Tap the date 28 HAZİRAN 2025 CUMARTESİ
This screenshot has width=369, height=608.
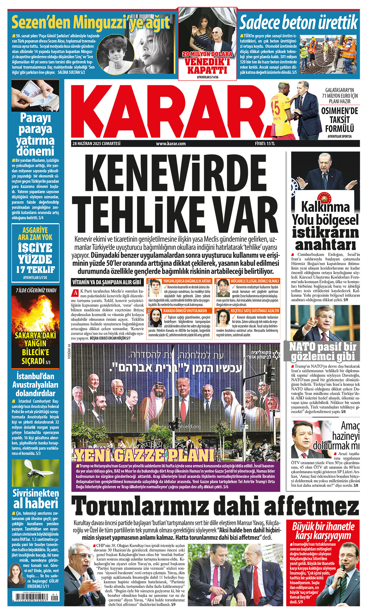(96, 143)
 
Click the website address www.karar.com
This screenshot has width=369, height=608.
(171, 144)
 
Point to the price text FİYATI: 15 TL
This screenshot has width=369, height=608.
(265, 144)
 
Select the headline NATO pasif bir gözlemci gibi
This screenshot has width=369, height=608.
(323, 351)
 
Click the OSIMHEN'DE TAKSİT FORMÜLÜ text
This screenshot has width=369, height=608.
(339, 120)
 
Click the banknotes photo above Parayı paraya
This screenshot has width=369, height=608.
(35, 95)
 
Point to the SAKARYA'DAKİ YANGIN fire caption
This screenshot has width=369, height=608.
(35, 348)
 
